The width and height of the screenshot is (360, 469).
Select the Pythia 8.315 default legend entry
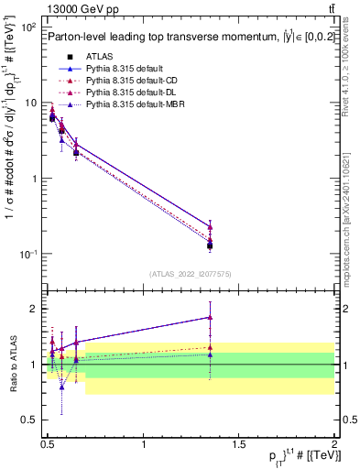[125, 69]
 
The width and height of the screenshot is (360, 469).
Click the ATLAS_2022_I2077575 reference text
[189, 273]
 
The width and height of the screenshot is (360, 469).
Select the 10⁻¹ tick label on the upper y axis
[27, 254]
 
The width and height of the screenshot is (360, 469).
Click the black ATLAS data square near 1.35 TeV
[210, 245]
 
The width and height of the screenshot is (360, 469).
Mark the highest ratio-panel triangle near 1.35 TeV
[210, 317]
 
